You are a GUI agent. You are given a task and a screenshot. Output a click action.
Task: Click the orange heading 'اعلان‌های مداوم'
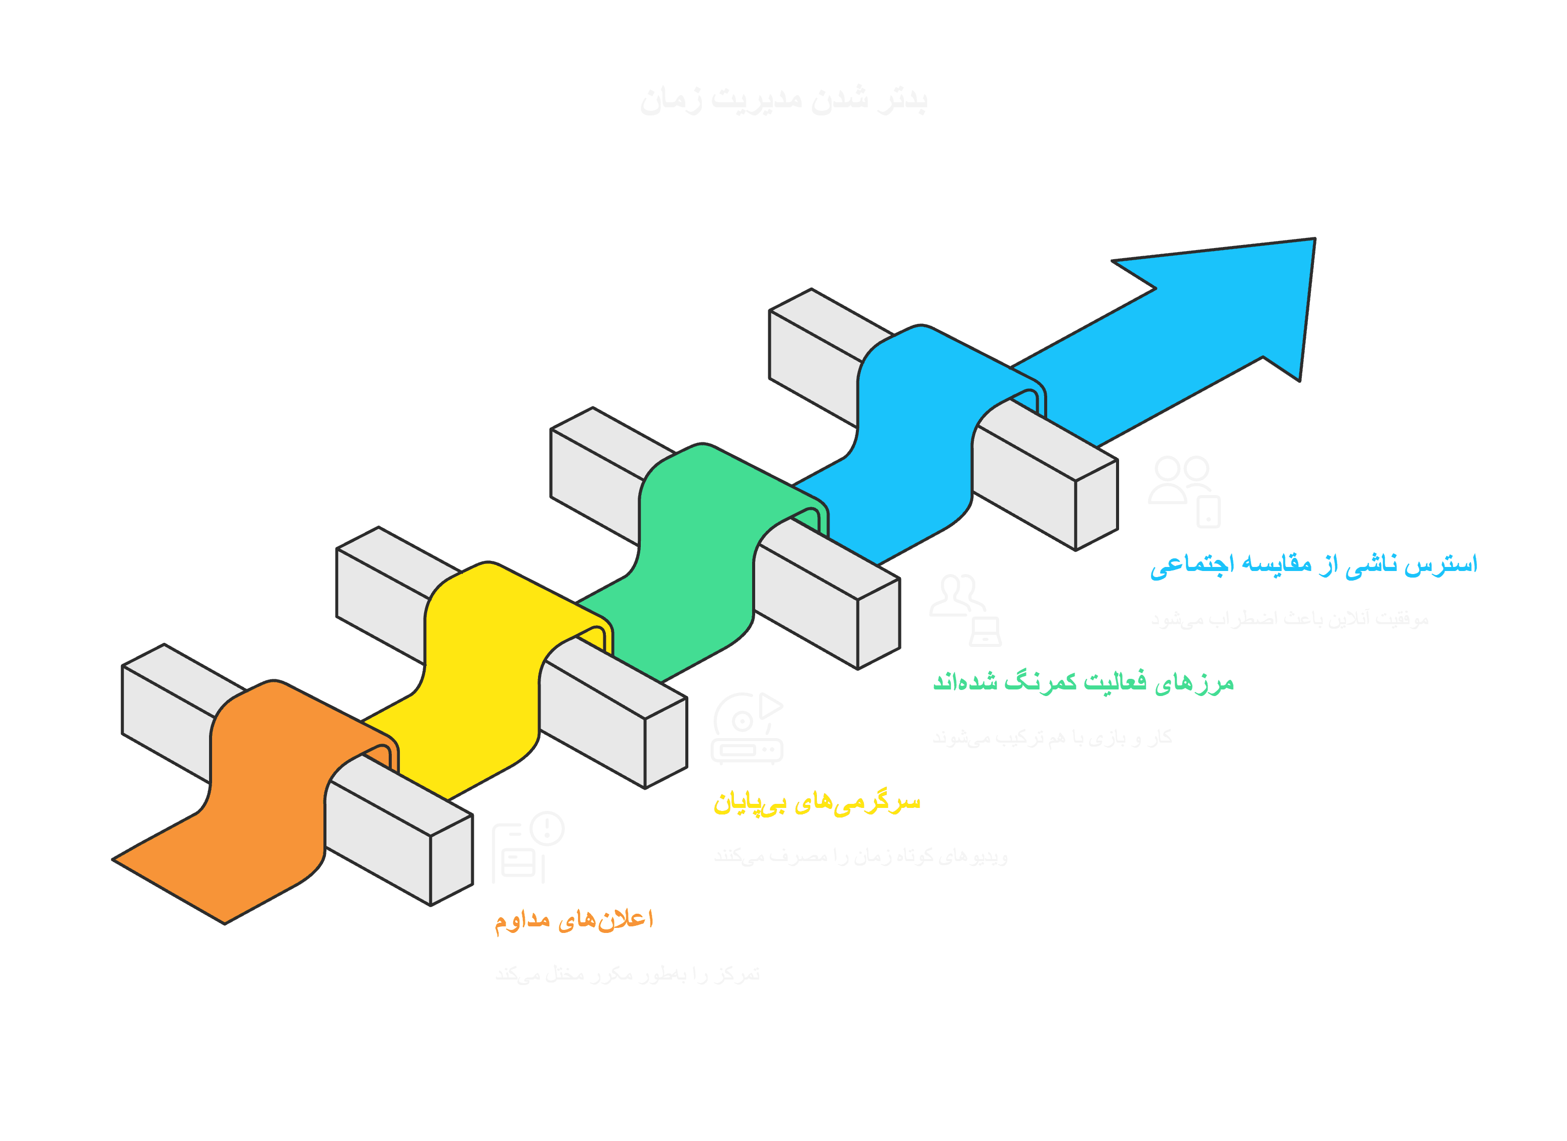click(573, 920)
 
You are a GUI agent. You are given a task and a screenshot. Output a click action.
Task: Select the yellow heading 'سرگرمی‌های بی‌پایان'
click(817, 803)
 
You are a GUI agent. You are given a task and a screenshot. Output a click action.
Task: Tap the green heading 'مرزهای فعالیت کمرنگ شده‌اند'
click(1083, 683)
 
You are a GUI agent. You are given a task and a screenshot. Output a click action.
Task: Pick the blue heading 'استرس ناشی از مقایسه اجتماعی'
click(1313, 564)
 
